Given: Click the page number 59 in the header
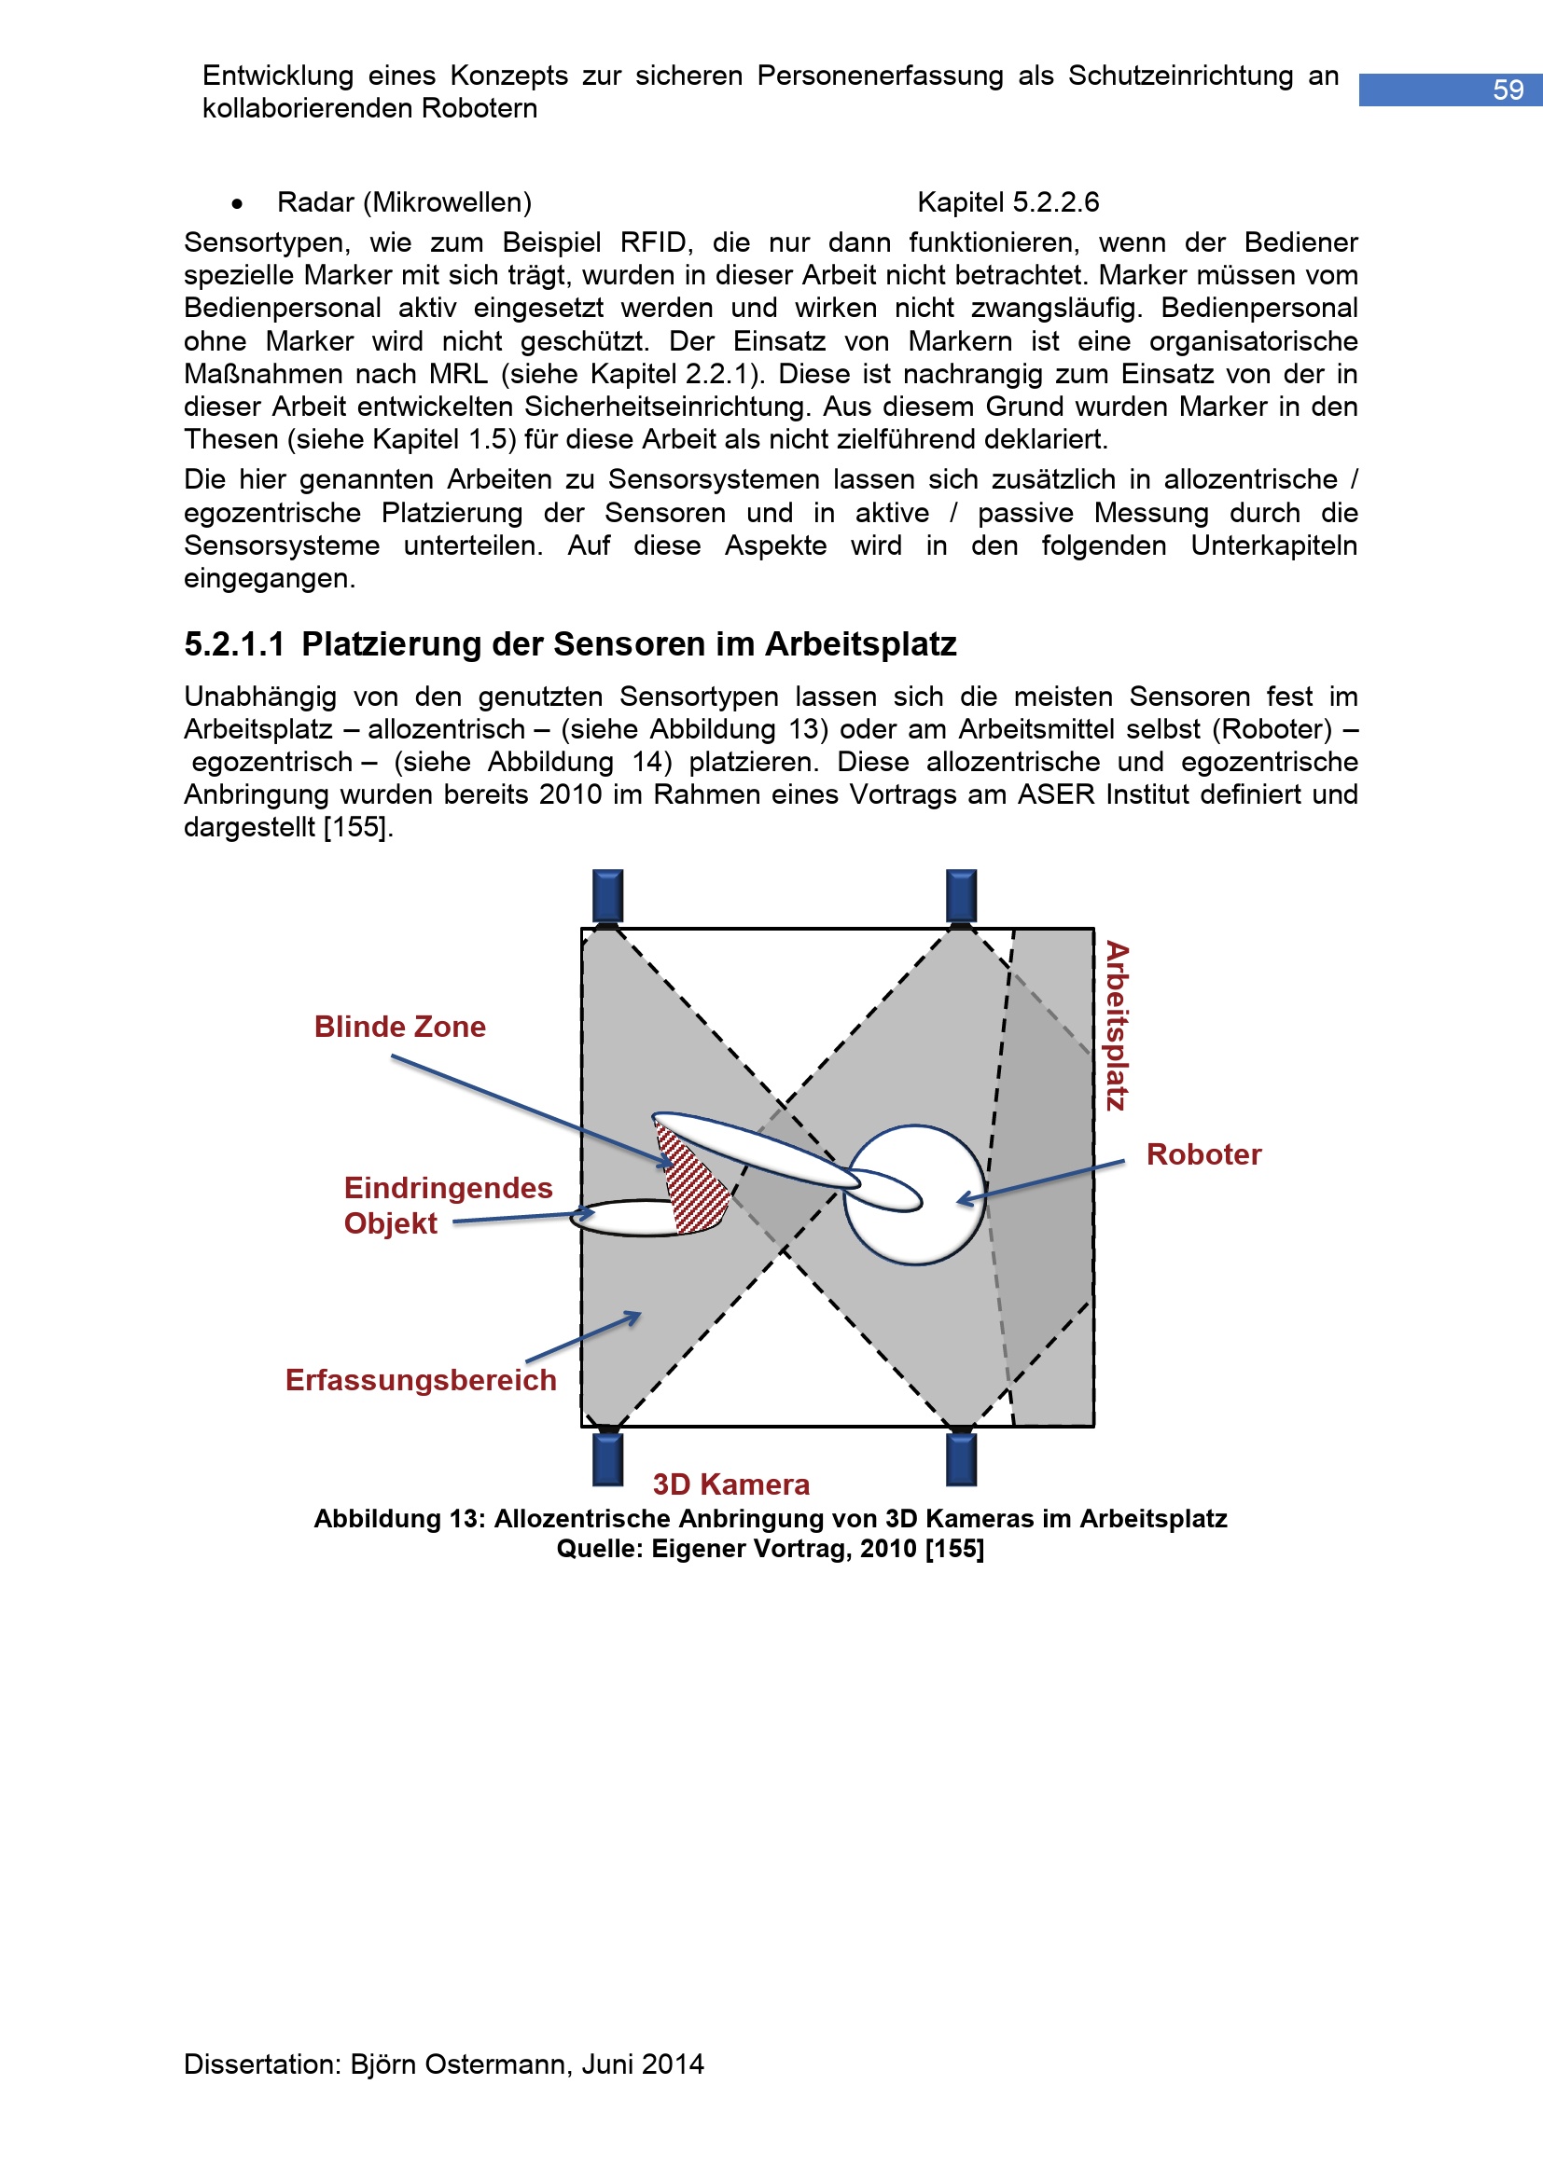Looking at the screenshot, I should point(1507,90).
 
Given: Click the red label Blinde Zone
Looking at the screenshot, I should point(400,1027).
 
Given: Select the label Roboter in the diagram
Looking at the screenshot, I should point(1203,1154).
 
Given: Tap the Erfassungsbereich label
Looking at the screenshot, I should point(421,1380).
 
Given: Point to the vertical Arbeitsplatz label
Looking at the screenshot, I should point(1117,1026).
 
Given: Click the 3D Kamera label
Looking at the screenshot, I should point(730,1484).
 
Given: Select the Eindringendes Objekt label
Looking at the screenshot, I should point(448,1206).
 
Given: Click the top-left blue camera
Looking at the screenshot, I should point(608,896).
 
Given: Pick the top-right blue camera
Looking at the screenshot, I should point(962,896).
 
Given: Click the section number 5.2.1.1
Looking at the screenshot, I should point(235,645).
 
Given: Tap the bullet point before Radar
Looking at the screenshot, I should point(237,204).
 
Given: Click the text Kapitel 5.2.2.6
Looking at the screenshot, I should point(1008,202).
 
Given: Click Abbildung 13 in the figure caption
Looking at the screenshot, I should point(399,1519).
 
